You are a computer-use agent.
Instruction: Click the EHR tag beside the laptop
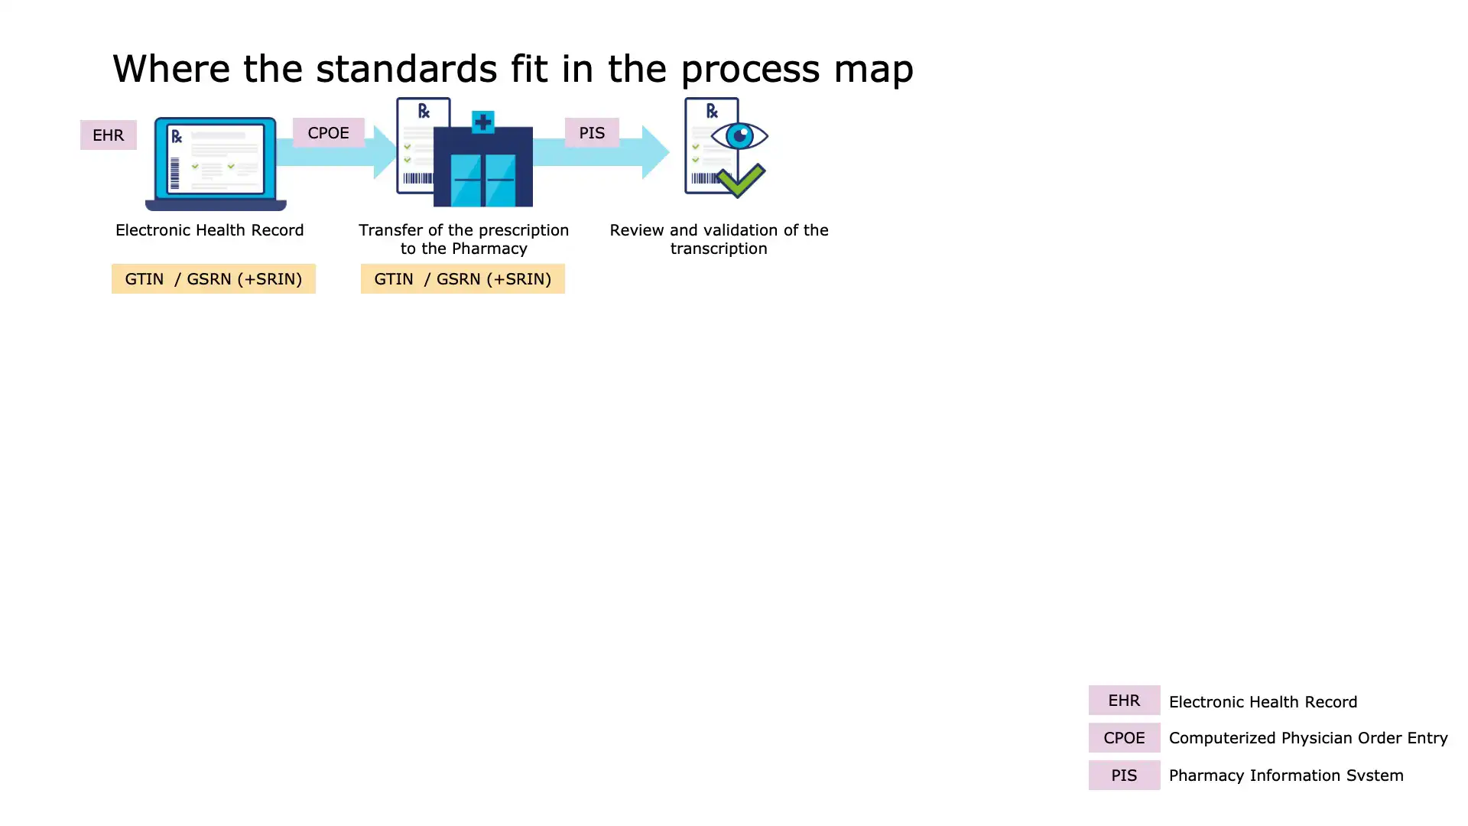pos(108,135)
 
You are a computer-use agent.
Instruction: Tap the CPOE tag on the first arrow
pos(328,133)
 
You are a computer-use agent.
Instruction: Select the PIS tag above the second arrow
pos(591,133)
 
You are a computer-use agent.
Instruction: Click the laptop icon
pos(216,163)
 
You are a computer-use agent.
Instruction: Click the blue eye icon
pos(739,137)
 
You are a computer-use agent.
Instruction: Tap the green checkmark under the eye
pos(740,181)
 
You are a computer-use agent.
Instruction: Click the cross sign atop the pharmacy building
pos(482,122)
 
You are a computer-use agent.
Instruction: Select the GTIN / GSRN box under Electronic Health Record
pos(213,279)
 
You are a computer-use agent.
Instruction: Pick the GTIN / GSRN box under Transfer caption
pos(463,279)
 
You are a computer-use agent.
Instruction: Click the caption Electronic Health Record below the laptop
pos(209,230)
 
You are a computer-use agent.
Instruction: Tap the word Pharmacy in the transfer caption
pos(489,249)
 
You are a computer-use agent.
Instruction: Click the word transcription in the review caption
pos(719,249)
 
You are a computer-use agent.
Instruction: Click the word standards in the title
pos(406,69)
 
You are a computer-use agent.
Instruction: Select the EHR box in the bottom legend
pos(1124,701)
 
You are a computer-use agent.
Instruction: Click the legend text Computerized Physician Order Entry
pos(1307,738)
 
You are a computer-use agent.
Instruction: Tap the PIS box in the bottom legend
pos(1124,776)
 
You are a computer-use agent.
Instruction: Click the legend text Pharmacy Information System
pos(1285,776)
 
